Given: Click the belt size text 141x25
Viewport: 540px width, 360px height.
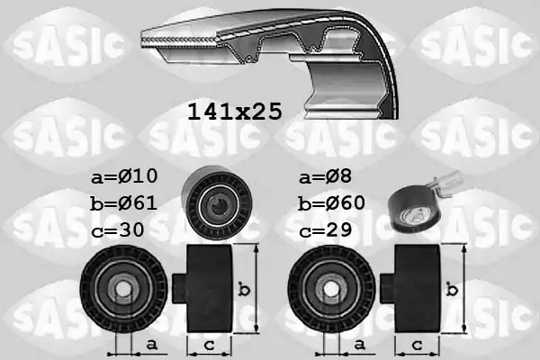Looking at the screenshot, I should pos(234,112).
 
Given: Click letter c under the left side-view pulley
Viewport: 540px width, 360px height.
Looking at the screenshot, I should pos(208,344).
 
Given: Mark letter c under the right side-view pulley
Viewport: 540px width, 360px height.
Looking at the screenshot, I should pos(418,344).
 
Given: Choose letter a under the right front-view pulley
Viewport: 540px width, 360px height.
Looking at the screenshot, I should pos(360,344).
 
